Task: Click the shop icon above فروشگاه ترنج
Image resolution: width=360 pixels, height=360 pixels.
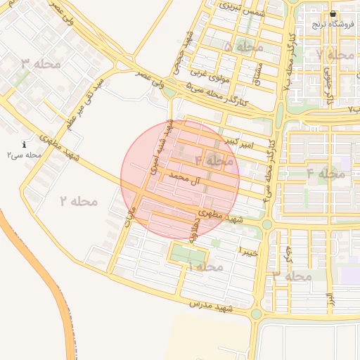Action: (x=333, y=14)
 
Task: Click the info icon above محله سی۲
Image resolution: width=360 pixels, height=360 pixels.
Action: (x=25, y=144)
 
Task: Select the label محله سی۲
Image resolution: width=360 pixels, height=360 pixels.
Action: (x=25, y=155)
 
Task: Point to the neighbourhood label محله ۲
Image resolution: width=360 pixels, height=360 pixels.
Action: (x=78, y=201)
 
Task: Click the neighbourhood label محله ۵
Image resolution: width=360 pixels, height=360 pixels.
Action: (x=243, y=46)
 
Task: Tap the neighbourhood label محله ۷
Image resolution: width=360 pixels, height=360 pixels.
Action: (x=335, y=54)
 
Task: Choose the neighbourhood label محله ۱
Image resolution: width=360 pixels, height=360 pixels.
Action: (x=205, y=267)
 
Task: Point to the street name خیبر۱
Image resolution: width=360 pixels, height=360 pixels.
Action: (x=250, y=251)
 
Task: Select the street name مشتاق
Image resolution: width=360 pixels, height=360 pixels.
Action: (x=257, y=72)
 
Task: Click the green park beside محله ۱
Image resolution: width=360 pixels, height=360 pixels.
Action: (x=188, y=255)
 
